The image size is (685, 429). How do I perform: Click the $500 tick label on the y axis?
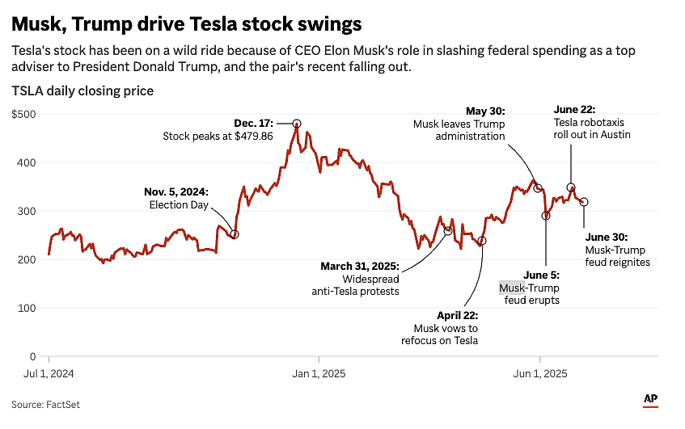tap(23, 115)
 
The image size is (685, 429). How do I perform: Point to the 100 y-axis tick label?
tap(27, 308)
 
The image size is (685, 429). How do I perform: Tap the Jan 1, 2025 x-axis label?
tap(319, 373)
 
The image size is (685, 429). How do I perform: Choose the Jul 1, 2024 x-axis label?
tap(49, 373)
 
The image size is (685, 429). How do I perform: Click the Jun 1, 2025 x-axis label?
tap(540, 373)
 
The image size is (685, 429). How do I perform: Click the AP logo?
tap(650, 399)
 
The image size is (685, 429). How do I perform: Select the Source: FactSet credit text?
tap(45, 405)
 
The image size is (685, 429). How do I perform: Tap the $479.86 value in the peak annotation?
tap(254, 137)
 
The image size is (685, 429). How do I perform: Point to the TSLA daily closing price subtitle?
tap(82, 90)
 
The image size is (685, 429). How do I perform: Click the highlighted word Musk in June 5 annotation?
tap(512, 288)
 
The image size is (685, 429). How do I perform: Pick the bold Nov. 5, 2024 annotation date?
tap(176, 192)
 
